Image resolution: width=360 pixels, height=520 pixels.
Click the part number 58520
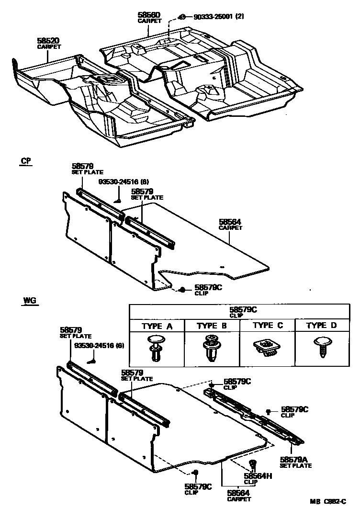[x=47, y=41]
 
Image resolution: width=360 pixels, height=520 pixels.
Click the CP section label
[x=26, y=161]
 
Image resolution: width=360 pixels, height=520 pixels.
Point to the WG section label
[x=29, y=301]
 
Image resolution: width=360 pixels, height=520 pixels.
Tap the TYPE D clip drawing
[x=321, y=346]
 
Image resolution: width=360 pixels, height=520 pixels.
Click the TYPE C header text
[x=268, y=326]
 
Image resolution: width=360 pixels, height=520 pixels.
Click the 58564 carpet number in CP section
[x=230, y=222]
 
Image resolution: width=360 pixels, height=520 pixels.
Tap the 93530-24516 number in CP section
[x=117, y=182]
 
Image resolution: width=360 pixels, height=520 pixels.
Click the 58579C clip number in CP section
[x=207, y=287]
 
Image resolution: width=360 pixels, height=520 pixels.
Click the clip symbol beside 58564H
[x=253, y=464]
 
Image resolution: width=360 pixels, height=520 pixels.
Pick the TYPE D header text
[x=321, y=326]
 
